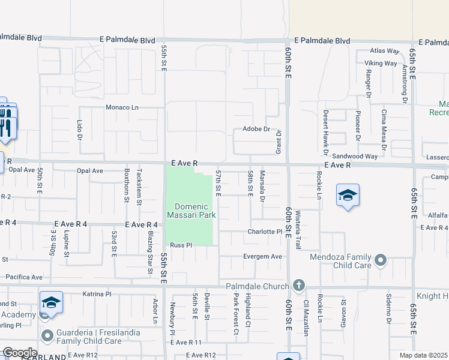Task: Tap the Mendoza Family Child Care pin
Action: click(379, 260)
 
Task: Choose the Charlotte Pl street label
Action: click(265, 232)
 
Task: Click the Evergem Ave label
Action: click(262, 256)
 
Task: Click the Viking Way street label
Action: click(381, 63)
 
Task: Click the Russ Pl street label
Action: click(180, 245)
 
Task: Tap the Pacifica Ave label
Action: click(24, 277)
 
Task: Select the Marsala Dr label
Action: click(262, 186)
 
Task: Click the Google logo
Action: click(19, 352)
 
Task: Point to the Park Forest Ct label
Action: click(237, 313)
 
